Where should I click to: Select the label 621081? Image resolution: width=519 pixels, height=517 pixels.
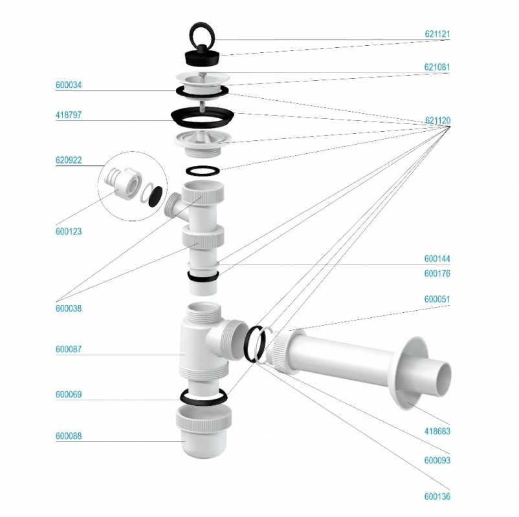[x=437, y=67]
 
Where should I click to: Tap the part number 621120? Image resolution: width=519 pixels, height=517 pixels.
[x=437, y=121]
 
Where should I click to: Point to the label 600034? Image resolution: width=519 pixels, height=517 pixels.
[x=69, y=85]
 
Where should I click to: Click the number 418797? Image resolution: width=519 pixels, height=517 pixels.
[x=69, y=115]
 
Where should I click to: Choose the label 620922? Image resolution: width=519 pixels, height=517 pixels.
[x=69, y=160]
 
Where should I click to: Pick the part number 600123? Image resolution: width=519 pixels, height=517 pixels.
[x=69, y=231]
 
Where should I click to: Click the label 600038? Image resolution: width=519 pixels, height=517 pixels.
[x=69, y=309]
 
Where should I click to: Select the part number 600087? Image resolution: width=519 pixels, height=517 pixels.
[x=69, y=350]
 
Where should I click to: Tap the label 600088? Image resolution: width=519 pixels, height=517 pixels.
[x=69, y=436]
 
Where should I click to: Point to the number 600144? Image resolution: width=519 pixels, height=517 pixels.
[x=437, y=259]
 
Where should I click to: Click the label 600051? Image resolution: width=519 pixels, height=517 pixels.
[x=437, y=300]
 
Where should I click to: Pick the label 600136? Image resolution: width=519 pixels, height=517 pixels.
[x=437, y=497]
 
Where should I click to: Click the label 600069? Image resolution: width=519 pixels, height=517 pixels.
[x=69, y=395]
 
